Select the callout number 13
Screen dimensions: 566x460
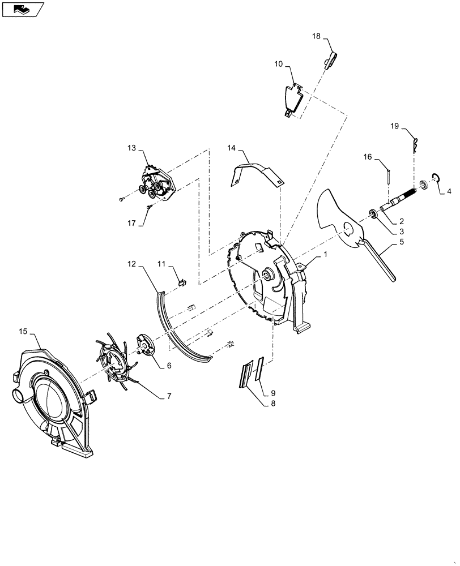131,148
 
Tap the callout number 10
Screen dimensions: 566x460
279,65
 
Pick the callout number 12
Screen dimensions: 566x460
131,264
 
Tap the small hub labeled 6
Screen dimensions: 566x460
147,347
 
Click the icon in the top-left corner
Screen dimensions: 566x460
22,8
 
